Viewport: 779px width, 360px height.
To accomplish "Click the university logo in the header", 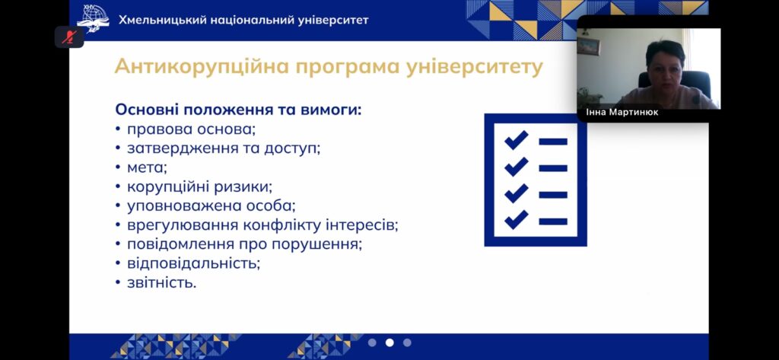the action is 93,19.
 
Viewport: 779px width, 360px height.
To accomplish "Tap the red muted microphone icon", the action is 69,37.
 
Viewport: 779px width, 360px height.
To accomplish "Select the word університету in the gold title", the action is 474,68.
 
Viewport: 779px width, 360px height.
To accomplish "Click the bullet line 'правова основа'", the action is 191,129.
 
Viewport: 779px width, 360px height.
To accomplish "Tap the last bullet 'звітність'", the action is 161,282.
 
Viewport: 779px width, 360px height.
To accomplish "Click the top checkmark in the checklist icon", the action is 517,140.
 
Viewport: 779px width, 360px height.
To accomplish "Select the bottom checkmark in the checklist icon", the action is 517,219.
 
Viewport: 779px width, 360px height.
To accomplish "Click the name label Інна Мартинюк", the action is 622,113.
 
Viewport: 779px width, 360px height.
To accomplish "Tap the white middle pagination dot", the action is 389,342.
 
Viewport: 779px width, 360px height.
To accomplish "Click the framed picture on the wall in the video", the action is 589,46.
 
